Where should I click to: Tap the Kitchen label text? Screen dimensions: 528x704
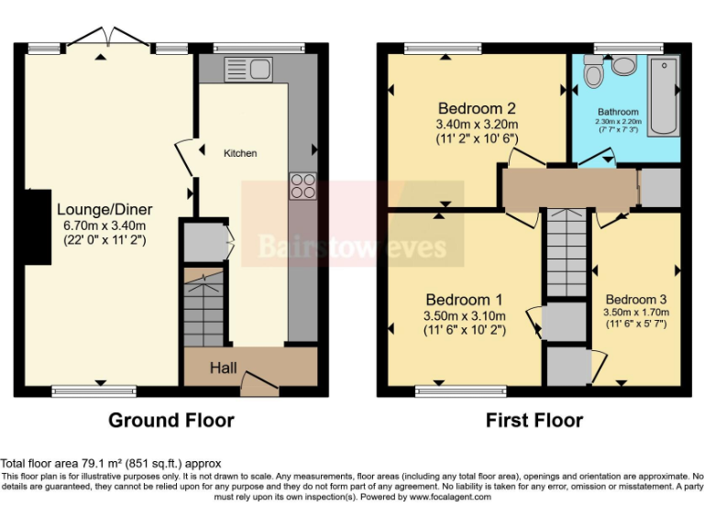tap(240, 153)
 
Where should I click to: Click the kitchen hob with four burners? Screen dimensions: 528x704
tap(302, 186)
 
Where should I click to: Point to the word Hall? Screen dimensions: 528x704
tap(224, 368)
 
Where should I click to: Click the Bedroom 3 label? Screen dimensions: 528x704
tap(635, 300)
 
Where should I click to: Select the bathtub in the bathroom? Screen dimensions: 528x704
tap(663, 96)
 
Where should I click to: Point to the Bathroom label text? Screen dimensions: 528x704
tap(618, 112)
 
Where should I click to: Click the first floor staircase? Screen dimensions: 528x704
tap(565, 253)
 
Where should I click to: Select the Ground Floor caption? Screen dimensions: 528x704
tap(171, 421)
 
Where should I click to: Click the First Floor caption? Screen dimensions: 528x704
tap(533, 421)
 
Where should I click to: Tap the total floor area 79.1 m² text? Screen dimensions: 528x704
tap(111, 464)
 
